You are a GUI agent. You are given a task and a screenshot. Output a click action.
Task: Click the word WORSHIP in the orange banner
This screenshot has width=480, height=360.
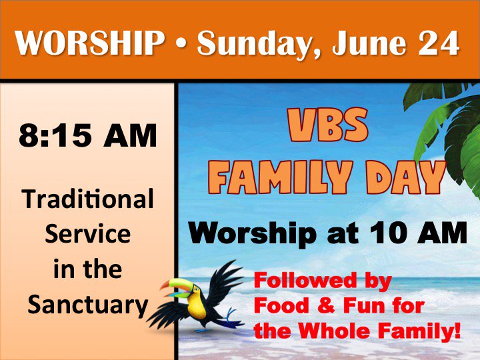click(x=90, y=43)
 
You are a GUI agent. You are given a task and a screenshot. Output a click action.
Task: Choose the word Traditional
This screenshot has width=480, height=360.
click(x=88, y=199)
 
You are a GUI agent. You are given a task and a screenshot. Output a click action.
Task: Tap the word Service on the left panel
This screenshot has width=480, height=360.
click(x=87, y=234)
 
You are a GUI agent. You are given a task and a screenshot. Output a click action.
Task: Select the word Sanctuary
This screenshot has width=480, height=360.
click(x=87, y=305)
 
